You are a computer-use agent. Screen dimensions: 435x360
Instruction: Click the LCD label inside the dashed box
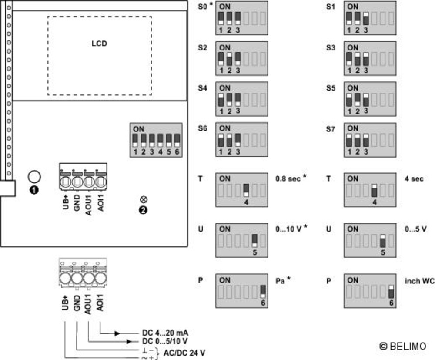[99, 44]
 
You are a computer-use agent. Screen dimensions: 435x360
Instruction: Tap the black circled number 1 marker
[34, 190]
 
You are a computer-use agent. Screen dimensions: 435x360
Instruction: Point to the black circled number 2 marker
[143, 210]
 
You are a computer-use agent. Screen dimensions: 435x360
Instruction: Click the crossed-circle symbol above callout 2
[144, 199]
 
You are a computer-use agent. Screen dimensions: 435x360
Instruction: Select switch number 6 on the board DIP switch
[177, 141]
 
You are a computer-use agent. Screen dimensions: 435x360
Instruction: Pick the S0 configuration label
[203, 7]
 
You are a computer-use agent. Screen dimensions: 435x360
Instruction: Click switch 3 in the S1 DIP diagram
[366, 19]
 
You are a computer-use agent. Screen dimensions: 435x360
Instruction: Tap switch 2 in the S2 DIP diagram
[229, 59]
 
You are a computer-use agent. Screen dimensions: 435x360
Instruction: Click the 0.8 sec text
[288, 178]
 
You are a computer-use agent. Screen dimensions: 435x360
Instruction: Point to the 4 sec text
[414, 178]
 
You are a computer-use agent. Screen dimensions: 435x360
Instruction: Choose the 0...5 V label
[415, 229]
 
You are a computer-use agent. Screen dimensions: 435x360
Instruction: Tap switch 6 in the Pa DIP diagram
[263, 292]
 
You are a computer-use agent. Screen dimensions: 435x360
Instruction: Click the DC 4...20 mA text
[165, 333]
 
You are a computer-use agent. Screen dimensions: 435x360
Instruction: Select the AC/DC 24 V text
[184, 353]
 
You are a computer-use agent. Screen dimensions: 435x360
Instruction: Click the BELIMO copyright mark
[402, 346]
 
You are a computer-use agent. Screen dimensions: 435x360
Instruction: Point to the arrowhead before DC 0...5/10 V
[129, 341]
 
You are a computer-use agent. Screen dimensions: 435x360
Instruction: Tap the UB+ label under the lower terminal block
[65, 303]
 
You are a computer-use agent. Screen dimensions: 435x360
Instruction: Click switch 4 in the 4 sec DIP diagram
[374, 190]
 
